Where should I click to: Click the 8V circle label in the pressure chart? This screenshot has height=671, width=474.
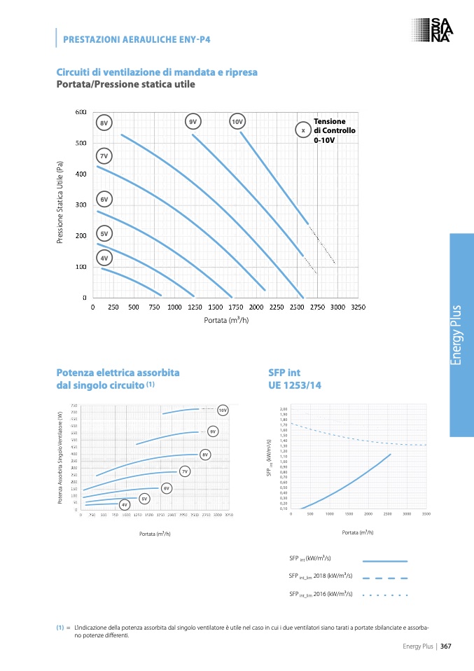104,123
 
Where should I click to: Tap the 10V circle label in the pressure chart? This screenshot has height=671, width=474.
237,122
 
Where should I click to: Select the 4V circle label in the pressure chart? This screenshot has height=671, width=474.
104,258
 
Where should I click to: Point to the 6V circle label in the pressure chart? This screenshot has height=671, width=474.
104,200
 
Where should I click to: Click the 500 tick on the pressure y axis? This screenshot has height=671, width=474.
81,143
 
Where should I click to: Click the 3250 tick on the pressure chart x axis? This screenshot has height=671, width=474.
358,307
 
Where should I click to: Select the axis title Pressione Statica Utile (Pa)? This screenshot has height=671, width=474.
60,204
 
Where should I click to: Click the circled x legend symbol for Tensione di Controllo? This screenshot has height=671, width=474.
302,130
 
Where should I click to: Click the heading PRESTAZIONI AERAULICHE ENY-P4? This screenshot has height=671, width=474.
137,39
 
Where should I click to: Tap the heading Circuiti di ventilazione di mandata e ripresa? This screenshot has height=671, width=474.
157,72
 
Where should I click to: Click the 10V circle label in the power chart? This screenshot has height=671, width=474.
223,410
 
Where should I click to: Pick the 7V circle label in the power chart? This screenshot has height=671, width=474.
185,471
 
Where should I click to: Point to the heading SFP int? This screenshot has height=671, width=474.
284,373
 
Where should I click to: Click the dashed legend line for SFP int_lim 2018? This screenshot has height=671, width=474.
384,578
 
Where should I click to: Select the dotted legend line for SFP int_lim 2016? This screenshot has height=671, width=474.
384,595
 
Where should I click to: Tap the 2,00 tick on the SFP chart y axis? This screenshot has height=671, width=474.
284,409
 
